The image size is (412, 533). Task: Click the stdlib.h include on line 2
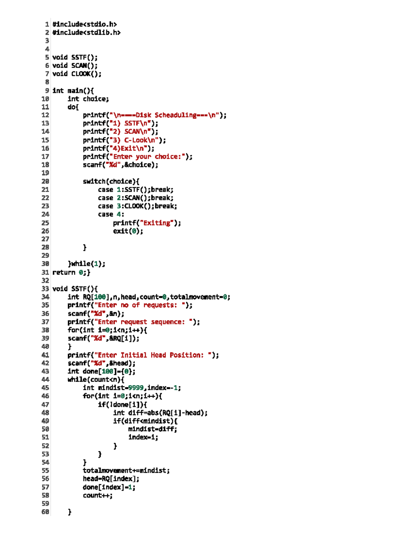pyautogui.click(x=87, y=33)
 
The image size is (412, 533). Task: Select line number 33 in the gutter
pyautogui.click(x=45, y=289)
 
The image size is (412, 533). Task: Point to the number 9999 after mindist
pyautogui.click(x=136, y=388)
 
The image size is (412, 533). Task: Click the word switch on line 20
pyautogui.click(x=94, y=182)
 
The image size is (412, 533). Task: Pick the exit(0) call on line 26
pyautogui.click(x=128, y=231)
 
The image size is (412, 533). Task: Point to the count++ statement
pyautogui.click(x=98, y=495)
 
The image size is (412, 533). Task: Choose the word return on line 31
pyautogui.click(x=64, y=272)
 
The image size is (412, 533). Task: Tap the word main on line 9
pyautogui.click(x=75, y=91)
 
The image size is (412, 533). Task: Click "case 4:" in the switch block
pyautogui.click(x=111, y=215)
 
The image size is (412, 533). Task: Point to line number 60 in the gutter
pyautogui.click(x=45, y=512)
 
